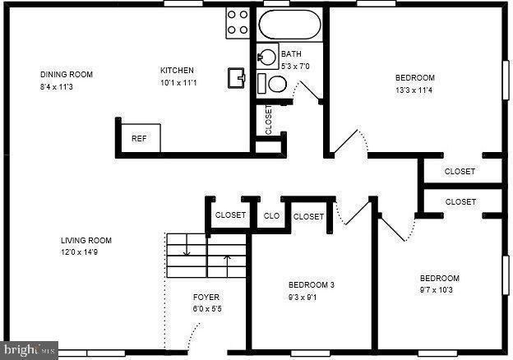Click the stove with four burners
(238, 22)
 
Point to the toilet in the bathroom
(273, 84)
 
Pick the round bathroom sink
(268, 58)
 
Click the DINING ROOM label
(67, 75)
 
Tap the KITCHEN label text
(177, 70)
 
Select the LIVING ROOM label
(86, 241)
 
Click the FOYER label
(206, 297)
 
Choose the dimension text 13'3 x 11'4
(414, 90)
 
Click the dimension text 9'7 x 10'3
(439, 290)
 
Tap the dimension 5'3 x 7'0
(295, 66)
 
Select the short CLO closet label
(270, 216)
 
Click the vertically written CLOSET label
(268, 120)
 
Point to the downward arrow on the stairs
(186, 246)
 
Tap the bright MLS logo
(29, 351)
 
